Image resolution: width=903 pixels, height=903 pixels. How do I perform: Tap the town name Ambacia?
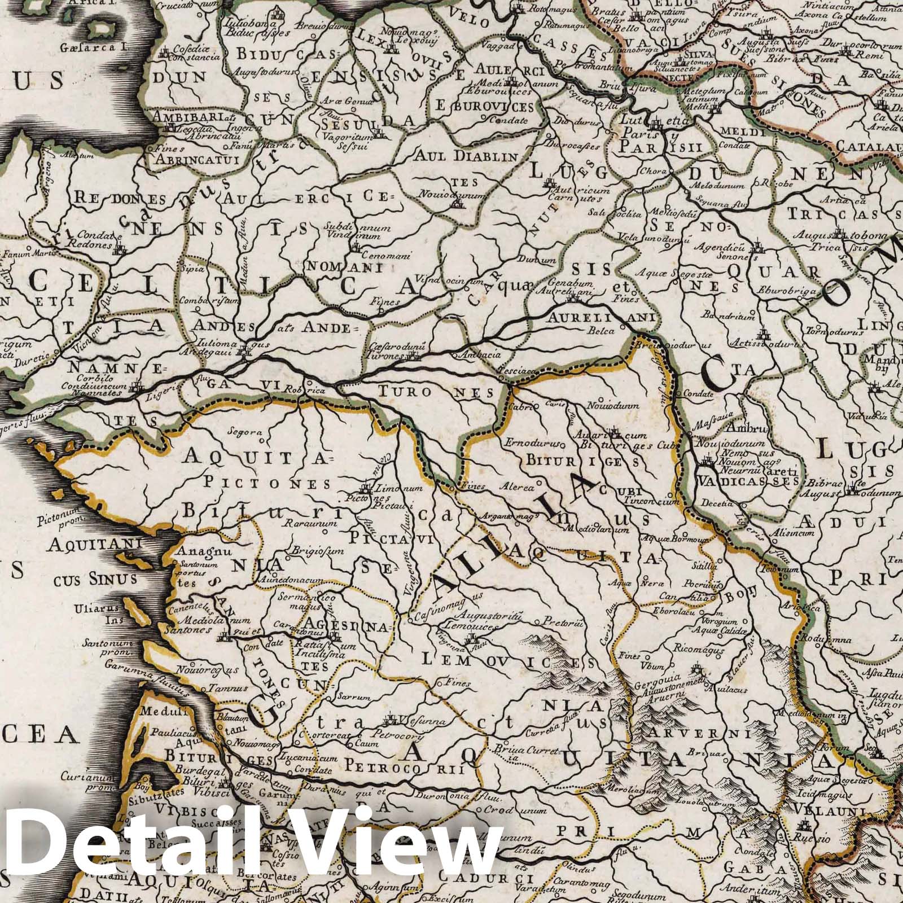(x=472, y=356)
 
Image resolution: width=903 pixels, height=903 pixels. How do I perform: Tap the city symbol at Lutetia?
(x=656, y=125)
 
